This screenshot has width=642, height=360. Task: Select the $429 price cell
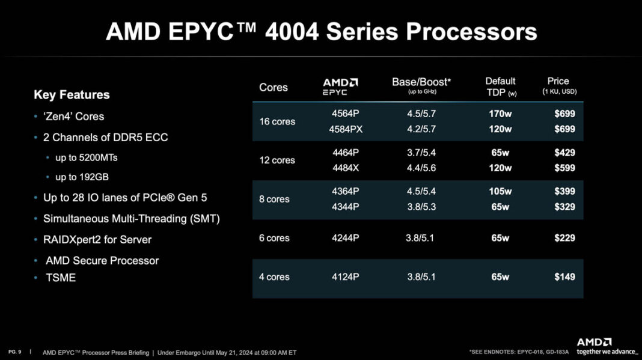pyautogui.click(x=564, y=153)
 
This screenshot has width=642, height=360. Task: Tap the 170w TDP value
pyautogui.click(x=500, y=113)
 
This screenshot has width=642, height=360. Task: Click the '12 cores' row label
pyautogui.click(x=277, y=160)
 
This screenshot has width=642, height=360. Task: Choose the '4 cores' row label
pyautogui.click(x=274, y=277)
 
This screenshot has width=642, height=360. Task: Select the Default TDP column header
pyautogui.click(x=501, y=86)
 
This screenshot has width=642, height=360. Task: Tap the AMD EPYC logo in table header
pyautogui.click(x=340, y=87)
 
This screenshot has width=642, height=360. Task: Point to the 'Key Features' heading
pyautogui.click(x=72, y=95)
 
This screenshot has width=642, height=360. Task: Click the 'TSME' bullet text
pyautogui.click(x=61, y=278)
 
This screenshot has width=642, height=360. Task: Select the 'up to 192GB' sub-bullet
pyautogui.click(x=82, y=177)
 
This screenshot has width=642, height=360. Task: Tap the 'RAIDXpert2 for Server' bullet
pyautogui.click(x=97, y=240)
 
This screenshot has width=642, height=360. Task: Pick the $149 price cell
pyautogui.click(x=564, y=277)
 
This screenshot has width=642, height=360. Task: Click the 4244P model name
pyautogui.click(x=345, y=238)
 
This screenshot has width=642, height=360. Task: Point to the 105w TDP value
pyautogui.click(x=500, y=192)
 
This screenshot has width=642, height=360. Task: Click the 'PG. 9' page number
pyautogui.click(x=15, y=352)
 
